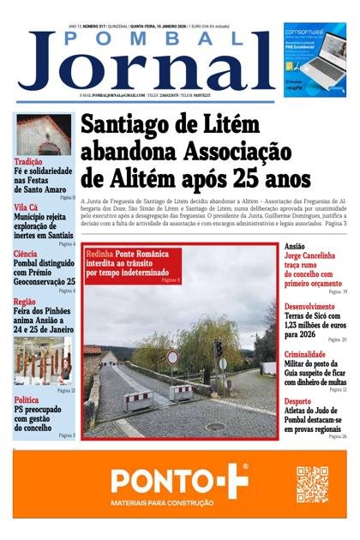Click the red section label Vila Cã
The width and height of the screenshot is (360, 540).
(27, 207)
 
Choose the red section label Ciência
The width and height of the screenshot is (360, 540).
(26, 254)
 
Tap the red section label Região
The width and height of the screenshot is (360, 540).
(25, 301)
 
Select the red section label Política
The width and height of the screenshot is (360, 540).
(27, 400)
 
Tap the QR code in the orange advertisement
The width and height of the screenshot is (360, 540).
(313, 484)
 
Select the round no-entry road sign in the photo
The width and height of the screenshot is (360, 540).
(172, 357)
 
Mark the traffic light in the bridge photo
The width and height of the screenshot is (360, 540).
(218, 348)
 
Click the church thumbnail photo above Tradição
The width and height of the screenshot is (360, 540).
(43, 135)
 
